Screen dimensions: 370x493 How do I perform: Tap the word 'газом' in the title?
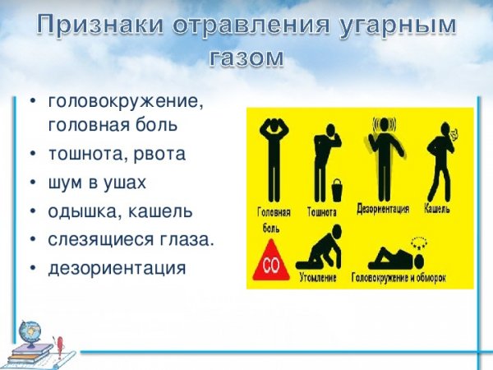tap(246, 58)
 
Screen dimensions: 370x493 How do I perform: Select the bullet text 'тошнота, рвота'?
tap(117, 154)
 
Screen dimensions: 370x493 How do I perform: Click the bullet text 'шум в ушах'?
tap(97, 182)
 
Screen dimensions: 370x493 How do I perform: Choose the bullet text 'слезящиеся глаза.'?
tap(131, 238)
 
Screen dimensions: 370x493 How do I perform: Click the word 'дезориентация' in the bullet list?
tap(117, 267)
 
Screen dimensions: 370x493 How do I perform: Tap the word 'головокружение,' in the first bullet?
tap(125, 103)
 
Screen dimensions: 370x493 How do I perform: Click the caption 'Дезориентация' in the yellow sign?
tap(383, 209)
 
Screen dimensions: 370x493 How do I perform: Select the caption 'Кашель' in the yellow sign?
tap(436, 209)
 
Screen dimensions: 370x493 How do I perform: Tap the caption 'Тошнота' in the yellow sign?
tap(322, 212)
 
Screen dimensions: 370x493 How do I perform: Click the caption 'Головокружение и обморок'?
tap(401, 277)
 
